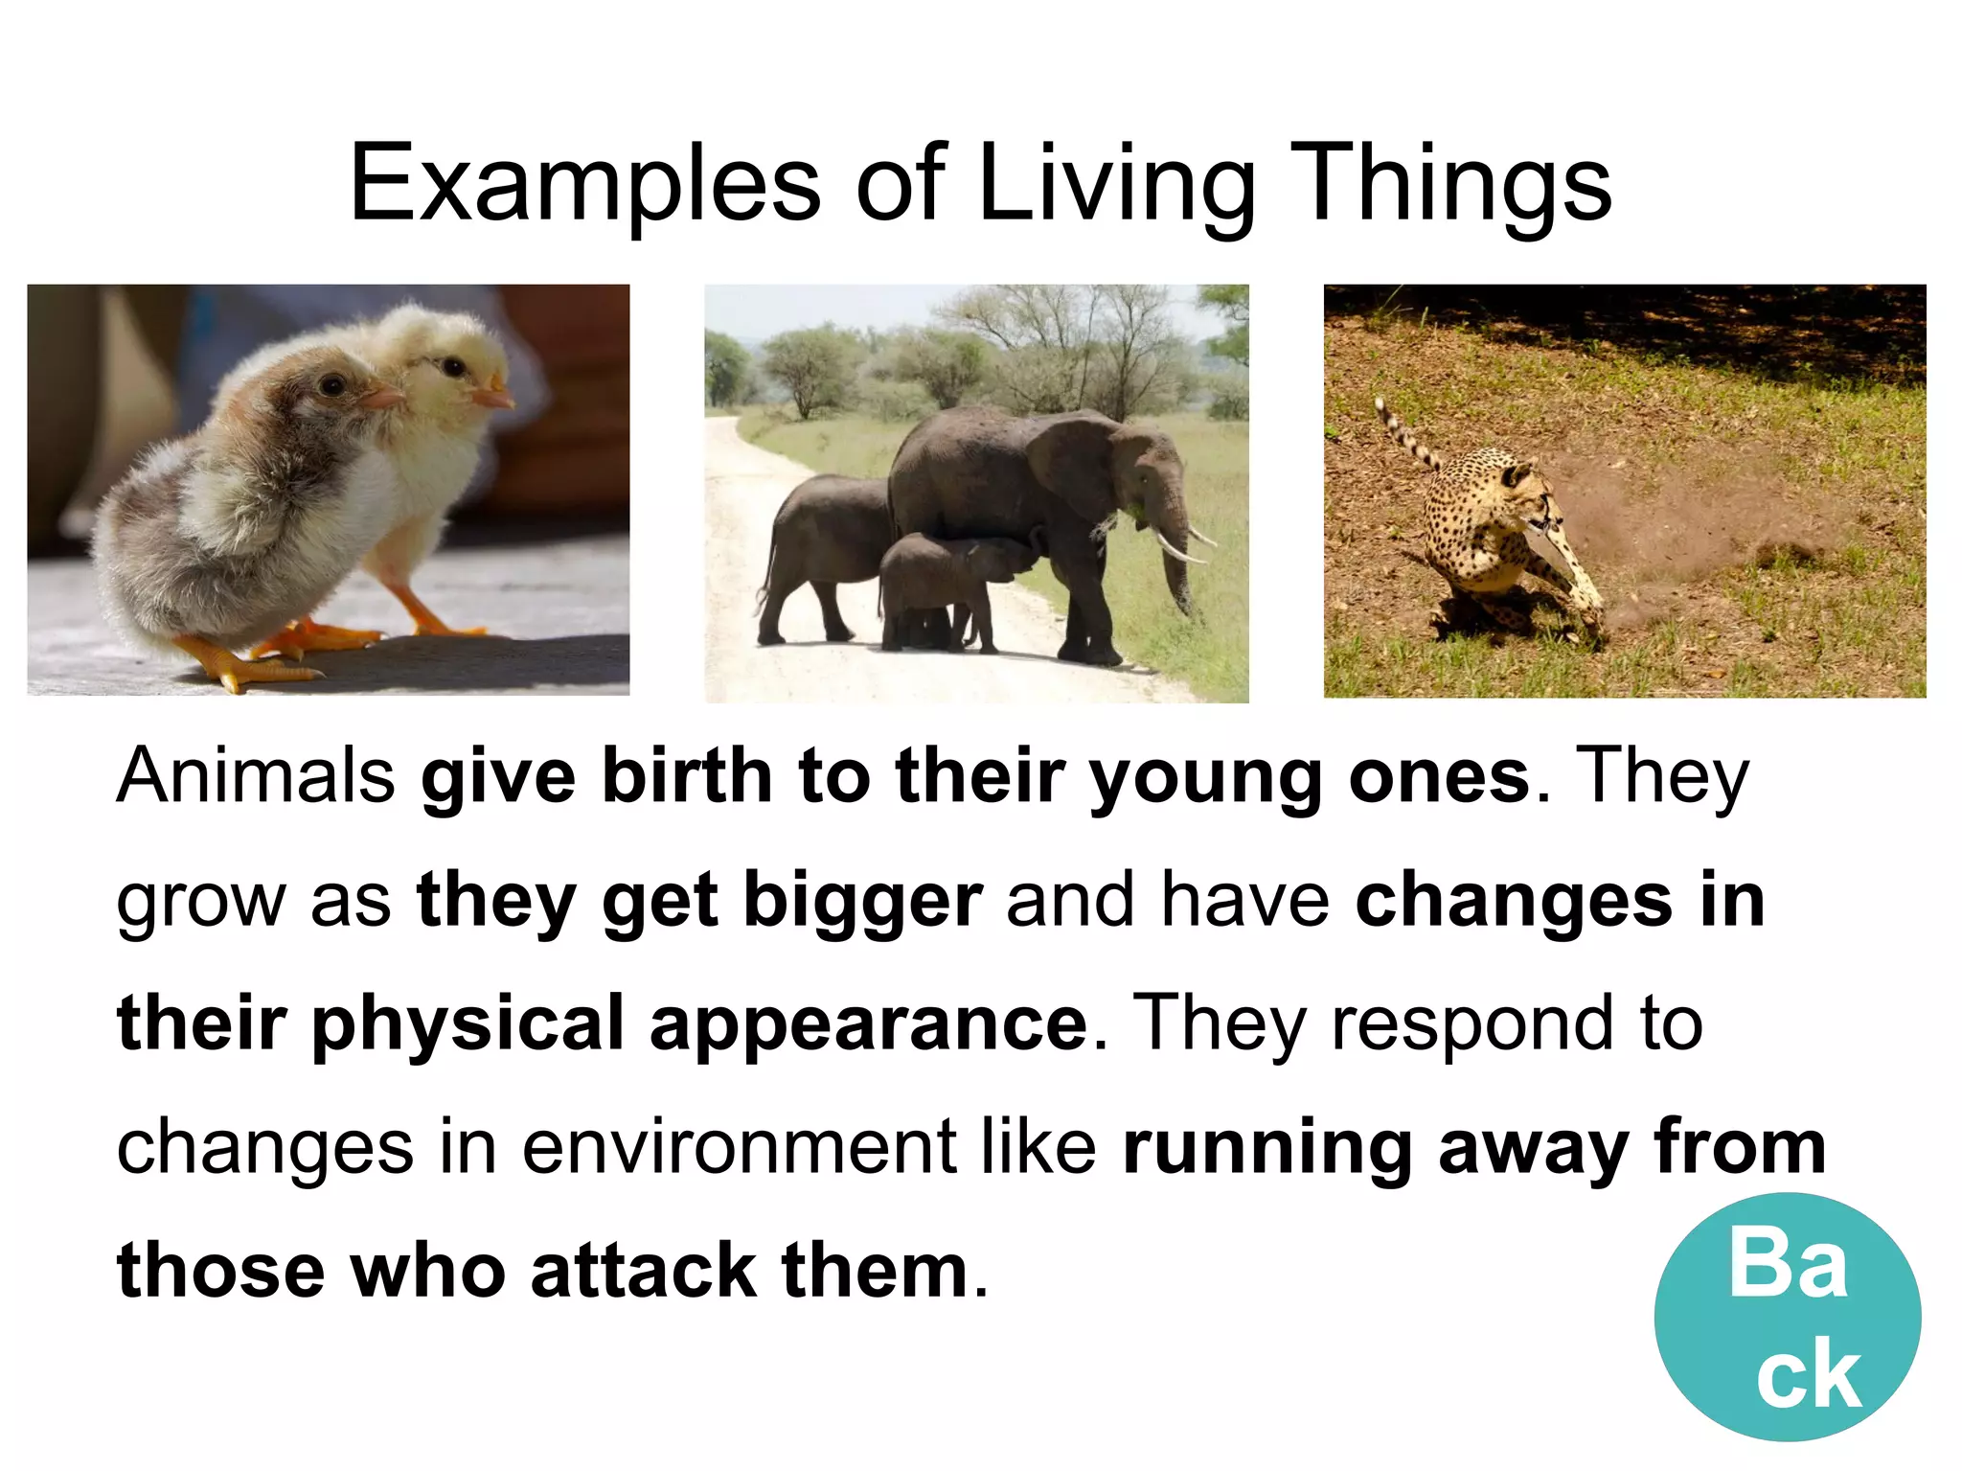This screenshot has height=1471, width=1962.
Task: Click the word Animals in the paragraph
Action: click(x=255, y=775)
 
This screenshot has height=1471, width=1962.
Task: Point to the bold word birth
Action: click(x=686, y=775)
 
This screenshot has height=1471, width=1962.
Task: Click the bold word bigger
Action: click(x=862, y=901)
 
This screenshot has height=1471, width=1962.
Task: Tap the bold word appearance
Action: click(x=868, y=1024)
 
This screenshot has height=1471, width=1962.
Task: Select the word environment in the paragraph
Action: click(x=739, y=1146)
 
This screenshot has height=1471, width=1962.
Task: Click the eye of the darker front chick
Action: click(x=332, y=385)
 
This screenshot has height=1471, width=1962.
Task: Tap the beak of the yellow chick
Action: click(x=494, y=394)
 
